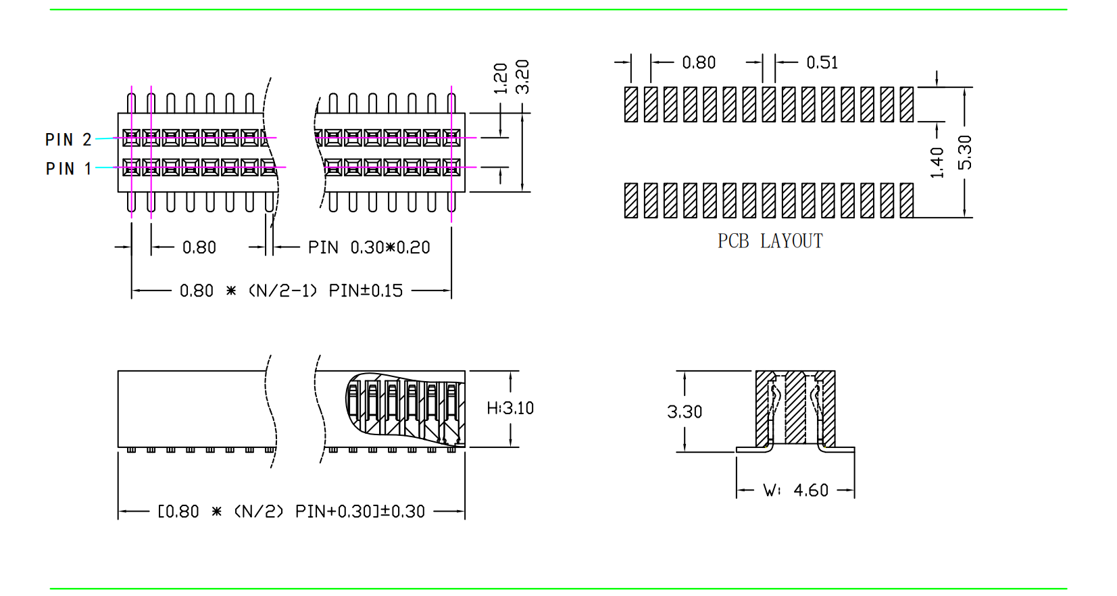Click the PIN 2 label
point(68,140)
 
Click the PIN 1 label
point(68,169)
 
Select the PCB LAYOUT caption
point(770,241)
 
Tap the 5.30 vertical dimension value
point(965,152)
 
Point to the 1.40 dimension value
point(937,162)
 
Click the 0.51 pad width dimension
point(822,63)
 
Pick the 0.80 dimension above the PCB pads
point(699,63)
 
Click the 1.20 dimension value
point(501,78)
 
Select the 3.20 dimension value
point(522,77)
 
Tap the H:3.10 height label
point(510,408)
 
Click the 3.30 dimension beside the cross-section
point(685,412)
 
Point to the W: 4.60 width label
point(795,491)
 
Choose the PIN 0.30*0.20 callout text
point(369,248)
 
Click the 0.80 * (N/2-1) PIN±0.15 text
point(291,291)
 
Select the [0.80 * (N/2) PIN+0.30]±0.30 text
point(291,512)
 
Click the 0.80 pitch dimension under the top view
point(199,248)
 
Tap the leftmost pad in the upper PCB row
point(631,104)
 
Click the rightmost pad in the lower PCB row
point(907,200)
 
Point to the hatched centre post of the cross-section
point(795,407)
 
